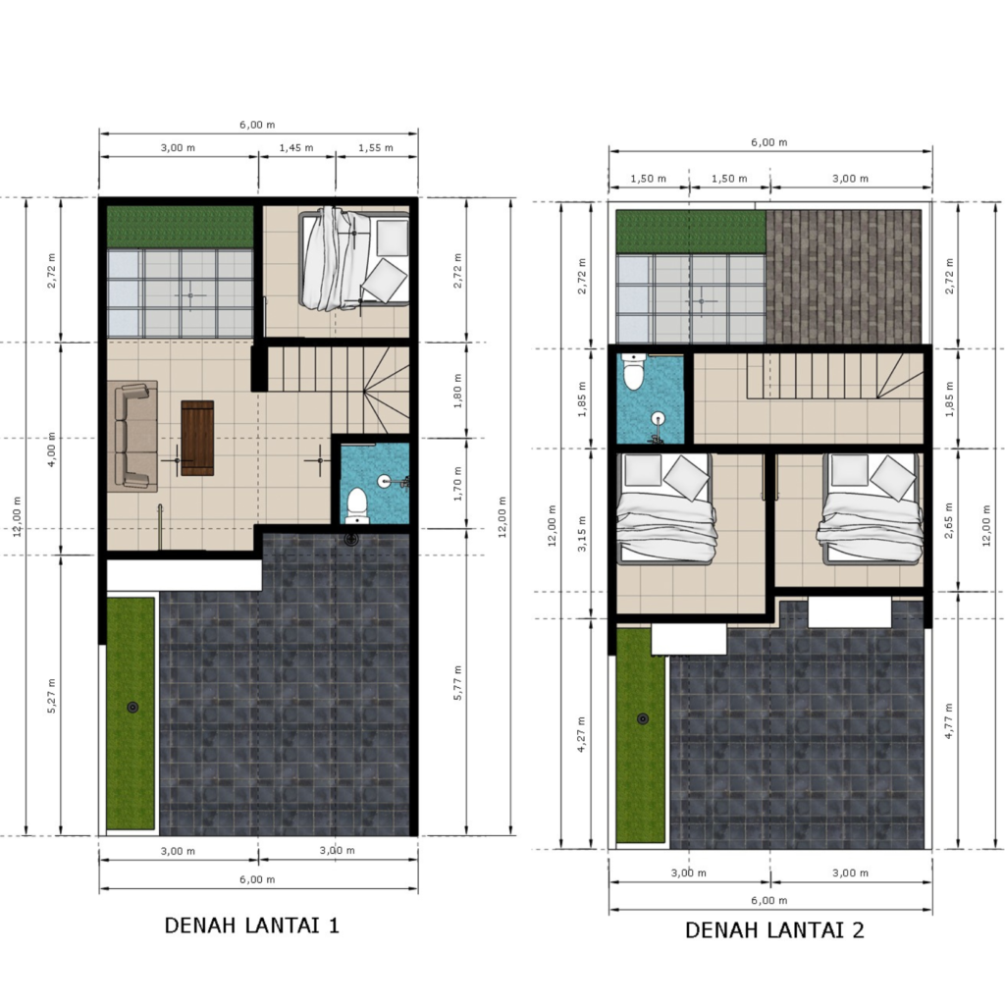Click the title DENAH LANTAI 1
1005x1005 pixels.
[x=252, y=925]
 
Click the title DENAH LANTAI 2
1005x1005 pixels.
[x=774, y=929]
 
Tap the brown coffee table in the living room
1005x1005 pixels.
[x=197, y=438]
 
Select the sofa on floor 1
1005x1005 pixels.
[x=132, y=437]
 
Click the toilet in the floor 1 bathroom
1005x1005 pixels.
[x=356, y=505]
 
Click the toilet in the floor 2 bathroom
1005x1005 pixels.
[x=634, y=372]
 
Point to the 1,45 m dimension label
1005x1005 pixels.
[x=296, y=147]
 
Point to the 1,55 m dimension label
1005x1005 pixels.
[x=376, y=147]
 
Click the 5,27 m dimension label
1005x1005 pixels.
[x=51, y=696]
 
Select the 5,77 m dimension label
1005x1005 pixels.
[x=457, y=683]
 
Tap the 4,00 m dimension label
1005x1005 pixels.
[x=51, y=450]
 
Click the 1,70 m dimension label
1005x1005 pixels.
[x=457, y=483]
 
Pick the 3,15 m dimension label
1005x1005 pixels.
[x=582, y=533]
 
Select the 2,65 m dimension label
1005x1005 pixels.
[x=949, y=520]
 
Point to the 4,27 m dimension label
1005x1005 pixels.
[x=582, y=734]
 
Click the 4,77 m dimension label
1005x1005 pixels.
[x=949, y=721]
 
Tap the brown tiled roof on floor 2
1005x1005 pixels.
[x=844, y=277]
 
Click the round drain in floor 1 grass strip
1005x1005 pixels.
[x=132, y=707]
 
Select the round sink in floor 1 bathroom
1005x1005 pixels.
[x=384, y=481]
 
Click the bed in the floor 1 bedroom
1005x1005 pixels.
[x=354, y=258]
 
